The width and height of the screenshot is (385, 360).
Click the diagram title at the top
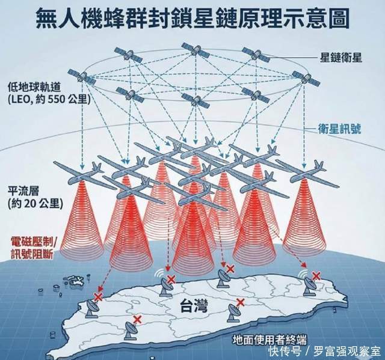tap(192, 18)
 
